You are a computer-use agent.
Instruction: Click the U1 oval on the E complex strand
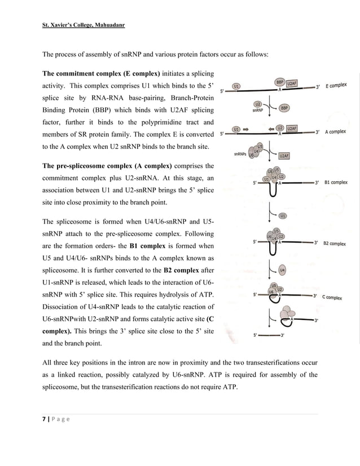point(237,86)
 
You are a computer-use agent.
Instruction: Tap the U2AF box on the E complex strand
point(291,83)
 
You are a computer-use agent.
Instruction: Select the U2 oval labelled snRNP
point(257,104)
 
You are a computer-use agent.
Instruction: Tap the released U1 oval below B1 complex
point(283,215)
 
